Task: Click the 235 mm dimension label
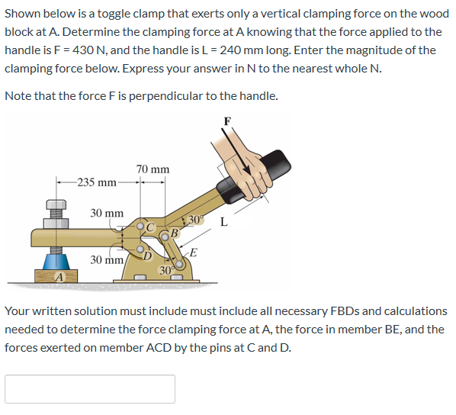[x=98, y=183]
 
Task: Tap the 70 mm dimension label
[x=153, y=169]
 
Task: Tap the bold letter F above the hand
[x=226, y=121]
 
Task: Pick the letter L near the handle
[x=223, y=223]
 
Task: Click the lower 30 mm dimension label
[x=107, y=260]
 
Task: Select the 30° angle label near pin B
[x=194, y=220]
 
